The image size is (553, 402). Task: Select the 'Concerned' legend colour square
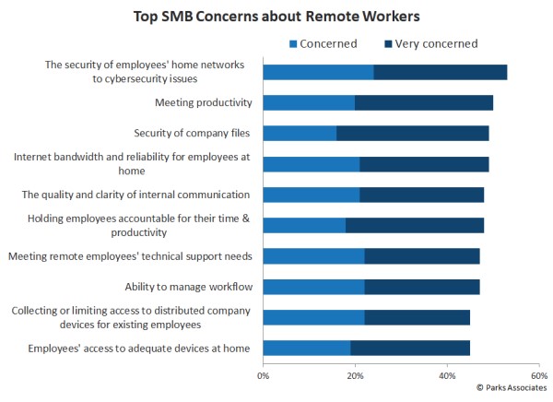pyautogui.click(x=294, y=43)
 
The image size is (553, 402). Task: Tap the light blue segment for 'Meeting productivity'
pyautogui.click(x=309, y=102)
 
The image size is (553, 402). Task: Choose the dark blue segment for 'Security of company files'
pyautogui.click(x=412, y=133)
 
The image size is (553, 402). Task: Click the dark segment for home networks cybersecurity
pyautogui.click(x=440, y=72)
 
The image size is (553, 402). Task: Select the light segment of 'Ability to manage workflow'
pyautogui.click(x=313, y=287)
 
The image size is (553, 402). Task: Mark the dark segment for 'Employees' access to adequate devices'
pyautogui.click(x=409, y=348)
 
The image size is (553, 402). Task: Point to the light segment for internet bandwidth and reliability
pyautogui.click(x=312, y=164)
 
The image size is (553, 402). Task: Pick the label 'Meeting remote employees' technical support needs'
pyautogui.click(x=129, y=255)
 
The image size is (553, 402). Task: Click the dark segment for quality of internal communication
pyautogui.click(x=421, y=195)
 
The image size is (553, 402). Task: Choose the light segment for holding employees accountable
pyautogui.click(x=304, y=225)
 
